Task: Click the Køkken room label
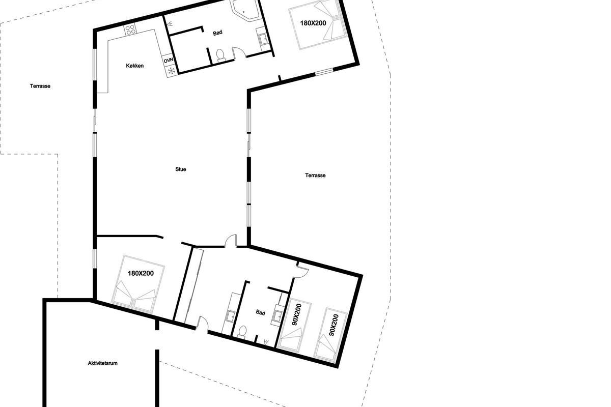click(135, 66)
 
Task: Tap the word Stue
click(181, 169)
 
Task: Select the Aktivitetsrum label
click(102, 363)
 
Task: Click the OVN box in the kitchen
click(169, 60)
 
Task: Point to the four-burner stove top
click(130, 30)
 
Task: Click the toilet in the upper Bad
click(220, 55)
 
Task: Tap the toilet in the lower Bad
click(242, 332)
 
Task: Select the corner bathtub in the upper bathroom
click(245, 9)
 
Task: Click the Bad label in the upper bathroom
click(218, 33)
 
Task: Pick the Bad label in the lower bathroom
click(261, 312)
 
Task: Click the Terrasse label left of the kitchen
click(40, 86)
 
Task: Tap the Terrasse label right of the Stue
click(315, 176)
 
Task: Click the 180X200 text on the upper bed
click(313, 23)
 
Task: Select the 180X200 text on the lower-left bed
click(141, 273)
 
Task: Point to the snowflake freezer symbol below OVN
click(171, 71)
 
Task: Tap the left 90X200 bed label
click(296, 314)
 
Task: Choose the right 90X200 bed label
click(334, 325)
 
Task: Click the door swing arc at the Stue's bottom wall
click(231, 240)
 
